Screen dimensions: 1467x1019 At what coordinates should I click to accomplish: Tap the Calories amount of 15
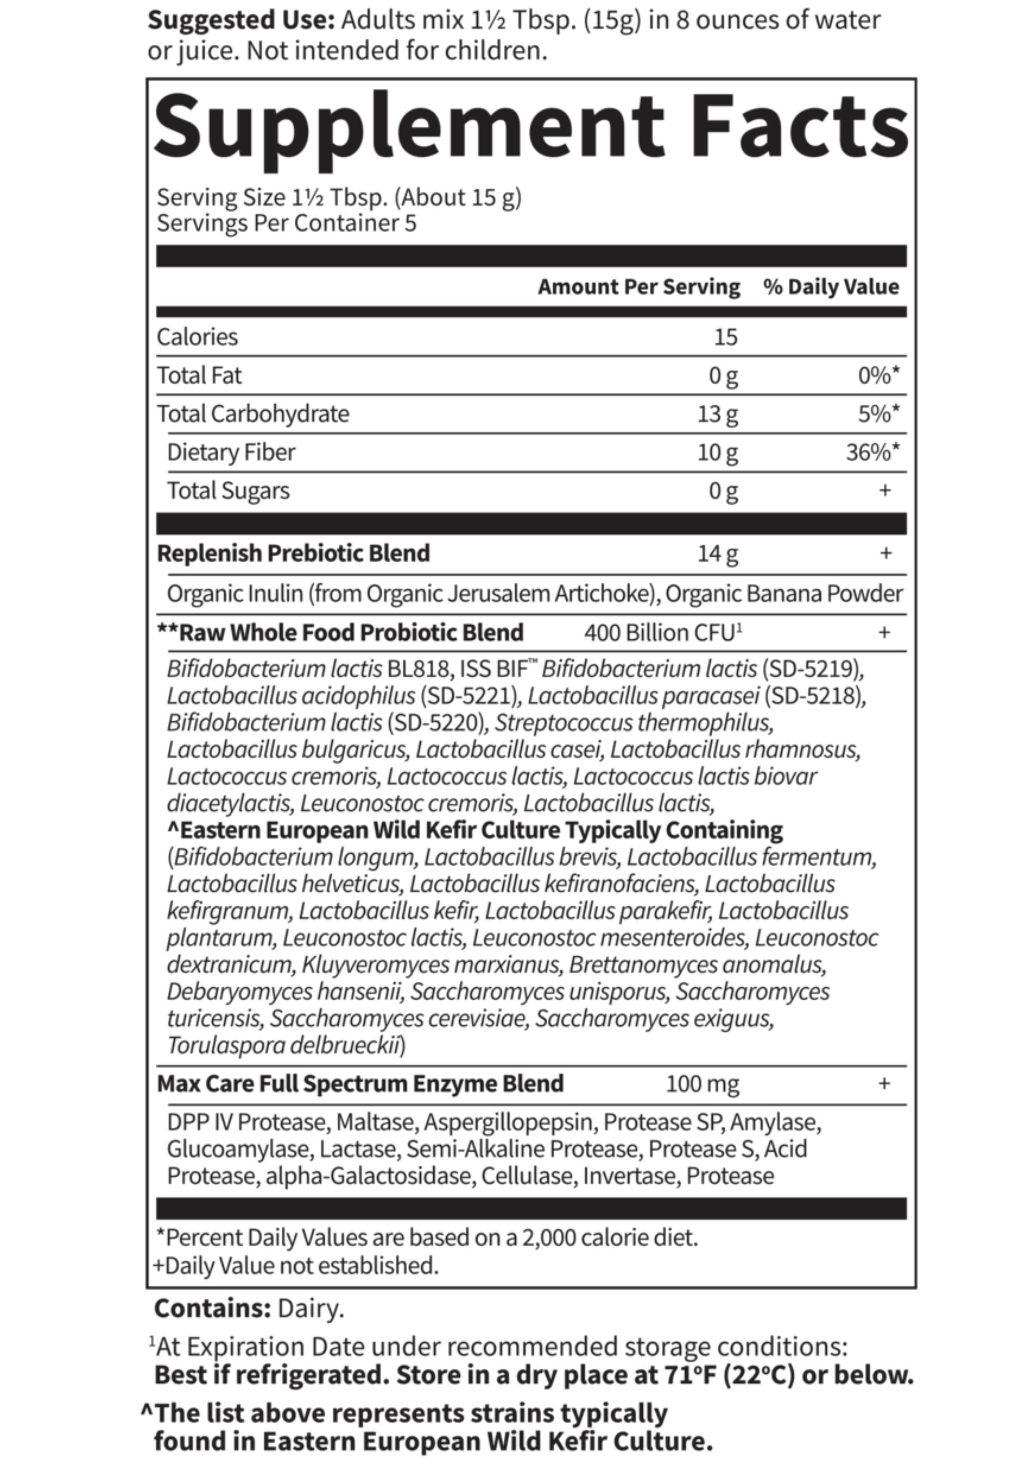point(725,337)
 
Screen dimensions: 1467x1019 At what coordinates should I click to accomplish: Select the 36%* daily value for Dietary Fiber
point(872,452)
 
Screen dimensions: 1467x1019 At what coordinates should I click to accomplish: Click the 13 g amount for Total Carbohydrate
point(718,414)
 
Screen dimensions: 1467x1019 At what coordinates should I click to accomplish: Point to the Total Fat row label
point(199,375)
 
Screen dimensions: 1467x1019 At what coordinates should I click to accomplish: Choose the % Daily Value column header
point(831,286)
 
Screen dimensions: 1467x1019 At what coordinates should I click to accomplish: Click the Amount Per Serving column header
point(638,286)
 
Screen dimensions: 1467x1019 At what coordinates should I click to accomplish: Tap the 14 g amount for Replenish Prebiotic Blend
point(718,553)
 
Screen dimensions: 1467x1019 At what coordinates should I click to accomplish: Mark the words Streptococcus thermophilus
point(633,722)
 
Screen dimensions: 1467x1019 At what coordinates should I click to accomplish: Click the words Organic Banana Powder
point(784,594)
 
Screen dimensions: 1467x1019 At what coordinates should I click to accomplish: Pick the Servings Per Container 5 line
point(287,223)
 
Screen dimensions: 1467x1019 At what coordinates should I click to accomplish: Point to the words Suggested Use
point(241,20)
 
